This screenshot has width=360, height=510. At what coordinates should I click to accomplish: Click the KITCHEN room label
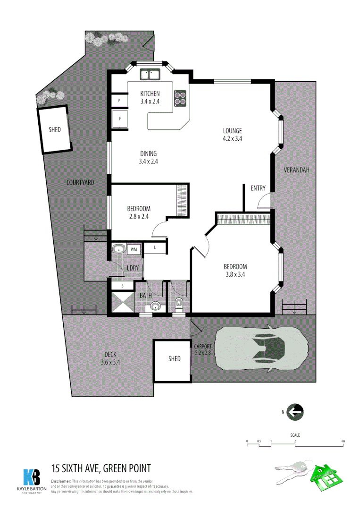[150, 93]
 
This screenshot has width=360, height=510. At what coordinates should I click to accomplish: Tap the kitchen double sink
[151, 74]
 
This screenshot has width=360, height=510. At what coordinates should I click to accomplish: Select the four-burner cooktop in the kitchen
[180, 97]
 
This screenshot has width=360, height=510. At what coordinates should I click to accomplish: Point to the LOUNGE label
[233, 131]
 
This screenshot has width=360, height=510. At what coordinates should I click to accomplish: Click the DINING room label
[148, 153]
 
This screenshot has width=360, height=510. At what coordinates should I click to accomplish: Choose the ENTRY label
[258, 188]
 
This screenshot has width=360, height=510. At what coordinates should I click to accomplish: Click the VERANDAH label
[296, 170]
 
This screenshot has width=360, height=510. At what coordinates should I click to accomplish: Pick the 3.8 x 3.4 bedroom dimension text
[235, 274]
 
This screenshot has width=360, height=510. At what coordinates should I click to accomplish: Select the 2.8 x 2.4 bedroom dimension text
[139, 217]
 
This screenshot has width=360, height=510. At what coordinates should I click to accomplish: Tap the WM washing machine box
[134, 249]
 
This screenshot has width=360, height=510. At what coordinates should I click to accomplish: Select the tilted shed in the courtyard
[55, 129]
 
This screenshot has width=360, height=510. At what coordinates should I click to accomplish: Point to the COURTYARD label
[80, 182]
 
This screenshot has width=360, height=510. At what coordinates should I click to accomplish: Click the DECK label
[110, 355]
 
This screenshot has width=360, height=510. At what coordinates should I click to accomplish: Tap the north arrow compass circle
[295, 412]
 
